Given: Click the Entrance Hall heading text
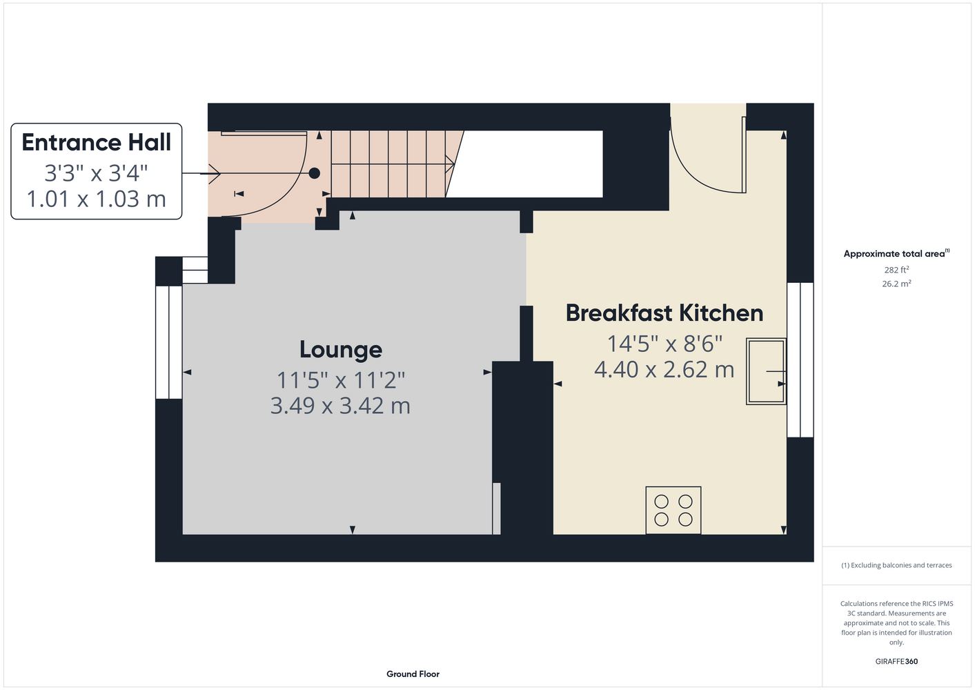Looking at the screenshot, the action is pyautogui.click(x=96, y=143).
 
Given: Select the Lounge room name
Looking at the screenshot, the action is pyautogui.click(x=341, y=350).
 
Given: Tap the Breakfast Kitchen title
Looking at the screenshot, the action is pyautogui.click(x=664, y=313).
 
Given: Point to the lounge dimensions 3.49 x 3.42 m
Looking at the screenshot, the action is pyautogui.click(x=340, y=405).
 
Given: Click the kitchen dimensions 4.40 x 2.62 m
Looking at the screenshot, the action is pyautogui.click(x=664, y=369).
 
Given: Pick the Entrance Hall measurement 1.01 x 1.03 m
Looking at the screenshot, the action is pyautogui.click(x=96, y=199).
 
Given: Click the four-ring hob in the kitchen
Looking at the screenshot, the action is pyautogui.click(x=673, y=510).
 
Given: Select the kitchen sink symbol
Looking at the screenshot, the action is pyautogui.click(x=766, y=371).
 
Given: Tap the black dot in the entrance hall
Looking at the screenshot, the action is pyautogui.click(x=314, y=173).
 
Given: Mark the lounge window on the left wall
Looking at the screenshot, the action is pyautogui.click(x=169, y=342).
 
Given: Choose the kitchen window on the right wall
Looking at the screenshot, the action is pyautogui.click(x=800, y=360).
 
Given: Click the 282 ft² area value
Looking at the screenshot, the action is pyautogui.click(x=896, y=270).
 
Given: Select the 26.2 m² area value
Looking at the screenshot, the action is pyautogui.click(x=896, y=284).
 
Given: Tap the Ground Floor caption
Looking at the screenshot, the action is pyautogui.click(x=413, y=674).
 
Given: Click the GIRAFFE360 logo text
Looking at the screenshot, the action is pyautogui.click(x=896, y=661).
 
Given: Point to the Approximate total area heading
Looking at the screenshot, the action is pyautogui.click(x=896, y=254).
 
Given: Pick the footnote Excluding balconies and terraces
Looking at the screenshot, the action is pyautogui.click(x=896, y=565).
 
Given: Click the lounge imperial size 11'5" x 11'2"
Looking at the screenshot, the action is pyautogui.click(x=341, y=380).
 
